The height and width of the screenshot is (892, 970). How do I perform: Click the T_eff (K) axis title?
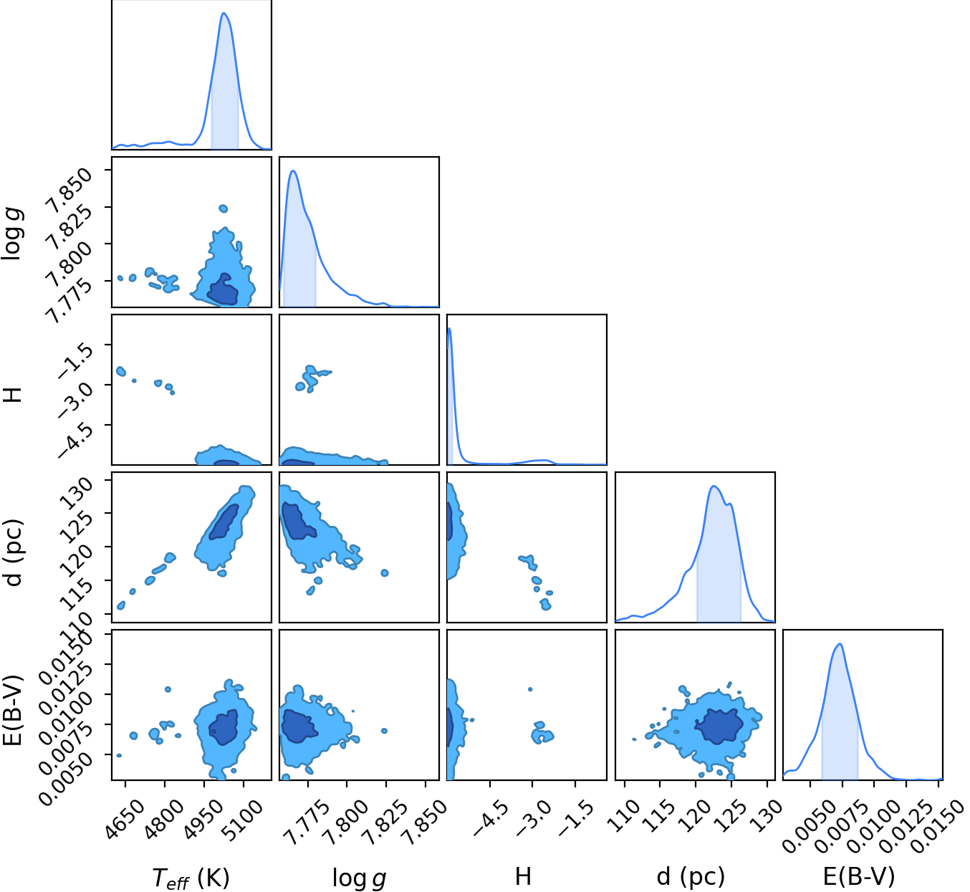tap(191, 877)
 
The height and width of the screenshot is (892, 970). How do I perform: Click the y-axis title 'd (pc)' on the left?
tap(14, 552)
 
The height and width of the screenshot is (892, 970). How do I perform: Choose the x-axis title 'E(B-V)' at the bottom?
tap(859, 876)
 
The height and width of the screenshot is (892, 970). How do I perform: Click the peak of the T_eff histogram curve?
tap(224, 13)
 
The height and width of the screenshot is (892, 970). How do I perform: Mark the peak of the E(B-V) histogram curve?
tap(841, 644)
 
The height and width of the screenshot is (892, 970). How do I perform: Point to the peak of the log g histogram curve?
tap(293, 171)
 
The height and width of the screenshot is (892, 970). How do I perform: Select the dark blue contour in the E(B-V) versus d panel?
tap(719, 726)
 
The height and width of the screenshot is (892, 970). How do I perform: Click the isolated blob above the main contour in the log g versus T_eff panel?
tap(223, 208)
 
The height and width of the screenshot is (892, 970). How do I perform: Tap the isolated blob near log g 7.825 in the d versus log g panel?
tap(385, 572)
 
